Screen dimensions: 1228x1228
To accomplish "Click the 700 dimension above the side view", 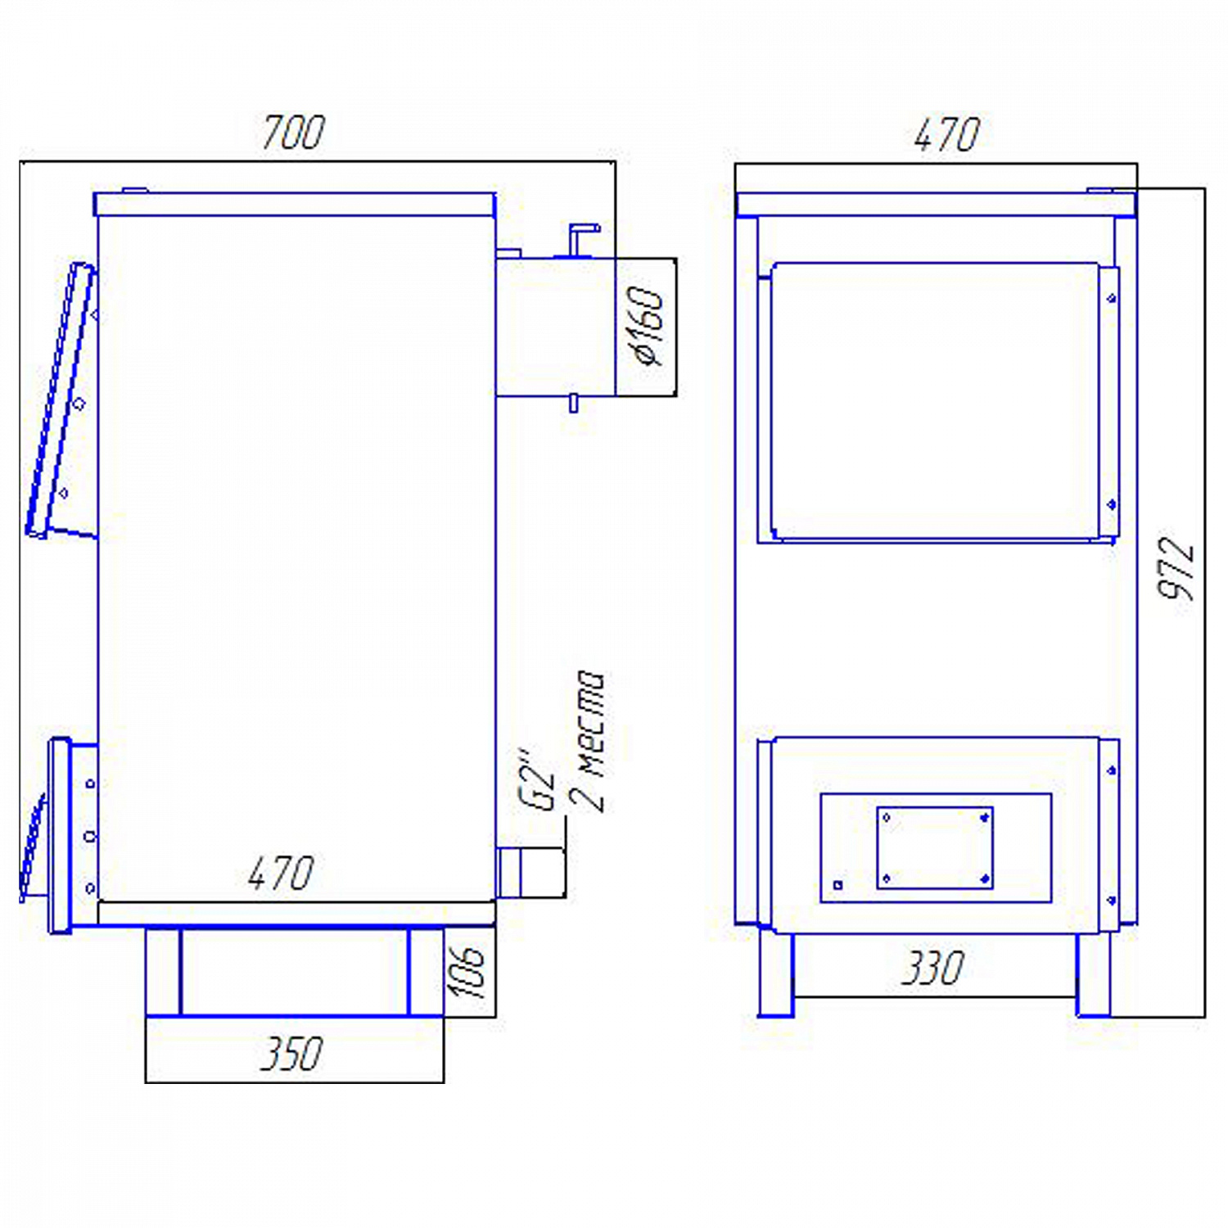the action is click(x=293, y=133).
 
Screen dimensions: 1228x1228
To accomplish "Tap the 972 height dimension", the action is click(x=1176, y=568).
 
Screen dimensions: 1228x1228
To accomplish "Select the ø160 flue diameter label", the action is click(x=645, y=325).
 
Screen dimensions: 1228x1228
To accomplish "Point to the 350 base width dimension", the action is click(x=291, y=1054).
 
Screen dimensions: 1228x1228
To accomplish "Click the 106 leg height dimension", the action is click(x=467, y=972).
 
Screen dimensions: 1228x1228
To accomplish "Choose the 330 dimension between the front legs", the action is click(x=932, y=968).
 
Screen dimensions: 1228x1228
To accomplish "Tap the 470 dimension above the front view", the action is click(x=946, y=135).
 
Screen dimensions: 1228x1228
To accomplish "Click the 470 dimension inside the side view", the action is click(x=281, y=874).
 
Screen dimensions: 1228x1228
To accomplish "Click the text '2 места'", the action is click(x=588, y=741).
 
